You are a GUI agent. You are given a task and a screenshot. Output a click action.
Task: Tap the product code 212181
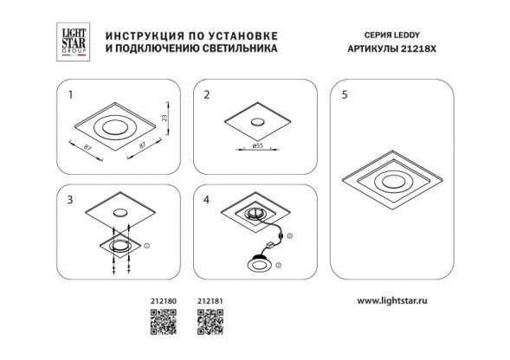coord(210,302)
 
